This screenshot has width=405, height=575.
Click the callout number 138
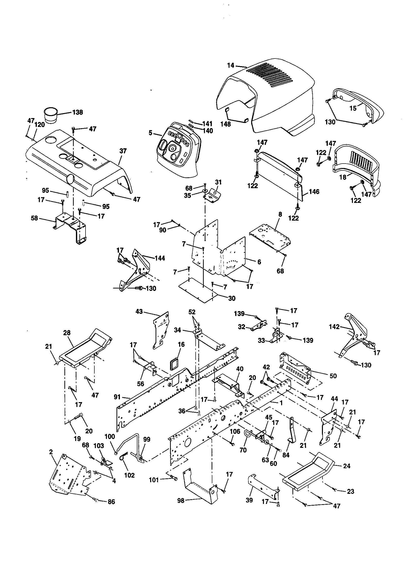[x=77, y=112]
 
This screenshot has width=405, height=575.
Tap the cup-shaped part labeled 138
[x=51, y=115]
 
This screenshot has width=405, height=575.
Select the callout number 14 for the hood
[x=231, y=66]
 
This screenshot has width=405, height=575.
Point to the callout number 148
[x=226, y=124]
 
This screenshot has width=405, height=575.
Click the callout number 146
[x=314, y=192]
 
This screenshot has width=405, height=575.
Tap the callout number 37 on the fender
[x=123, y=151]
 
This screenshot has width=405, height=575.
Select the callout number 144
[x=160, y=258]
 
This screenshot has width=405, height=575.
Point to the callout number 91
[x=117, y=397]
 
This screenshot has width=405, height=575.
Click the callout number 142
[x=334, y=327]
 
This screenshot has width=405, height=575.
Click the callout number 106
[x=235, y=431]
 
